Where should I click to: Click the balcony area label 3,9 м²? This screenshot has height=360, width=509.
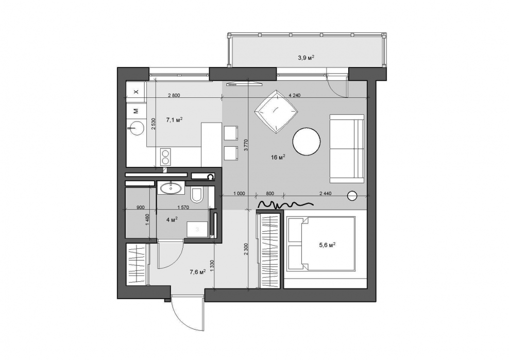[306, 58]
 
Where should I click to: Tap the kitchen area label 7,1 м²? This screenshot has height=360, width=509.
[174, 120]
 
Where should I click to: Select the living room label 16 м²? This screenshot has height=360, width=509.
[278, 158]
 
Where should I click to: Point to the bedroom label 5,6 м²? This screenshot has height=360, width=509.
[327, 246]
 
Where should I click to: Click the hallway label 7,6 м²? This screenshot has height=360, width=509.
[198, 272]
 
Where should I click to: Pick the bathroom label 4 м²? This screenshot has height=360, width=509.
[172, 220]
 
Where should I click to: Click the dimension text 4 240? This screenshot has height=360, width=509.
[295, 95]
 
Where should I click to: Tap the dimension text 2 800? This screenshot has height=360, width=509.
[174, 95]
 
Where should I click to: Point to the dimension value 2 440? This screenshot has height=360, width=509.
[325, 194]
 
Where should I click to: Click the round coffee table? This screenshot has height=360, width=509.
[307, 142]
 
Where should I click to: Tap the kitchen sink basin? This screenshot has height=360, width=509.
[136, 128]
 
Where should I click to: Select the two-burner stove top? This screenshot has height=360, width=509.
[165, 157]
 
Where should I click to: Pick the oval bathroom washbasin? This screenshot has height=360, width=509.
[170, 187]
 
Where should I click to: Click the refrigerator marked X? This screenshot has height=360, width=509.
[136, 92]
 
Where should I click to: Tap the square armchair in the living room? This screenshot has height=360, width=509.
[276, 112]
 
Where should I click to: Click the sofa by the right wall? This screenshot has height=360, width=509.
[347, 149]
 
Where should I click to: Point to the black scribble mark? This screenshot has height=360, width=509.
[285, 204]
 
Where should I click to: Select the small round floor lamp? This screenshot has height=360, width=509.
[352, 196]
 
